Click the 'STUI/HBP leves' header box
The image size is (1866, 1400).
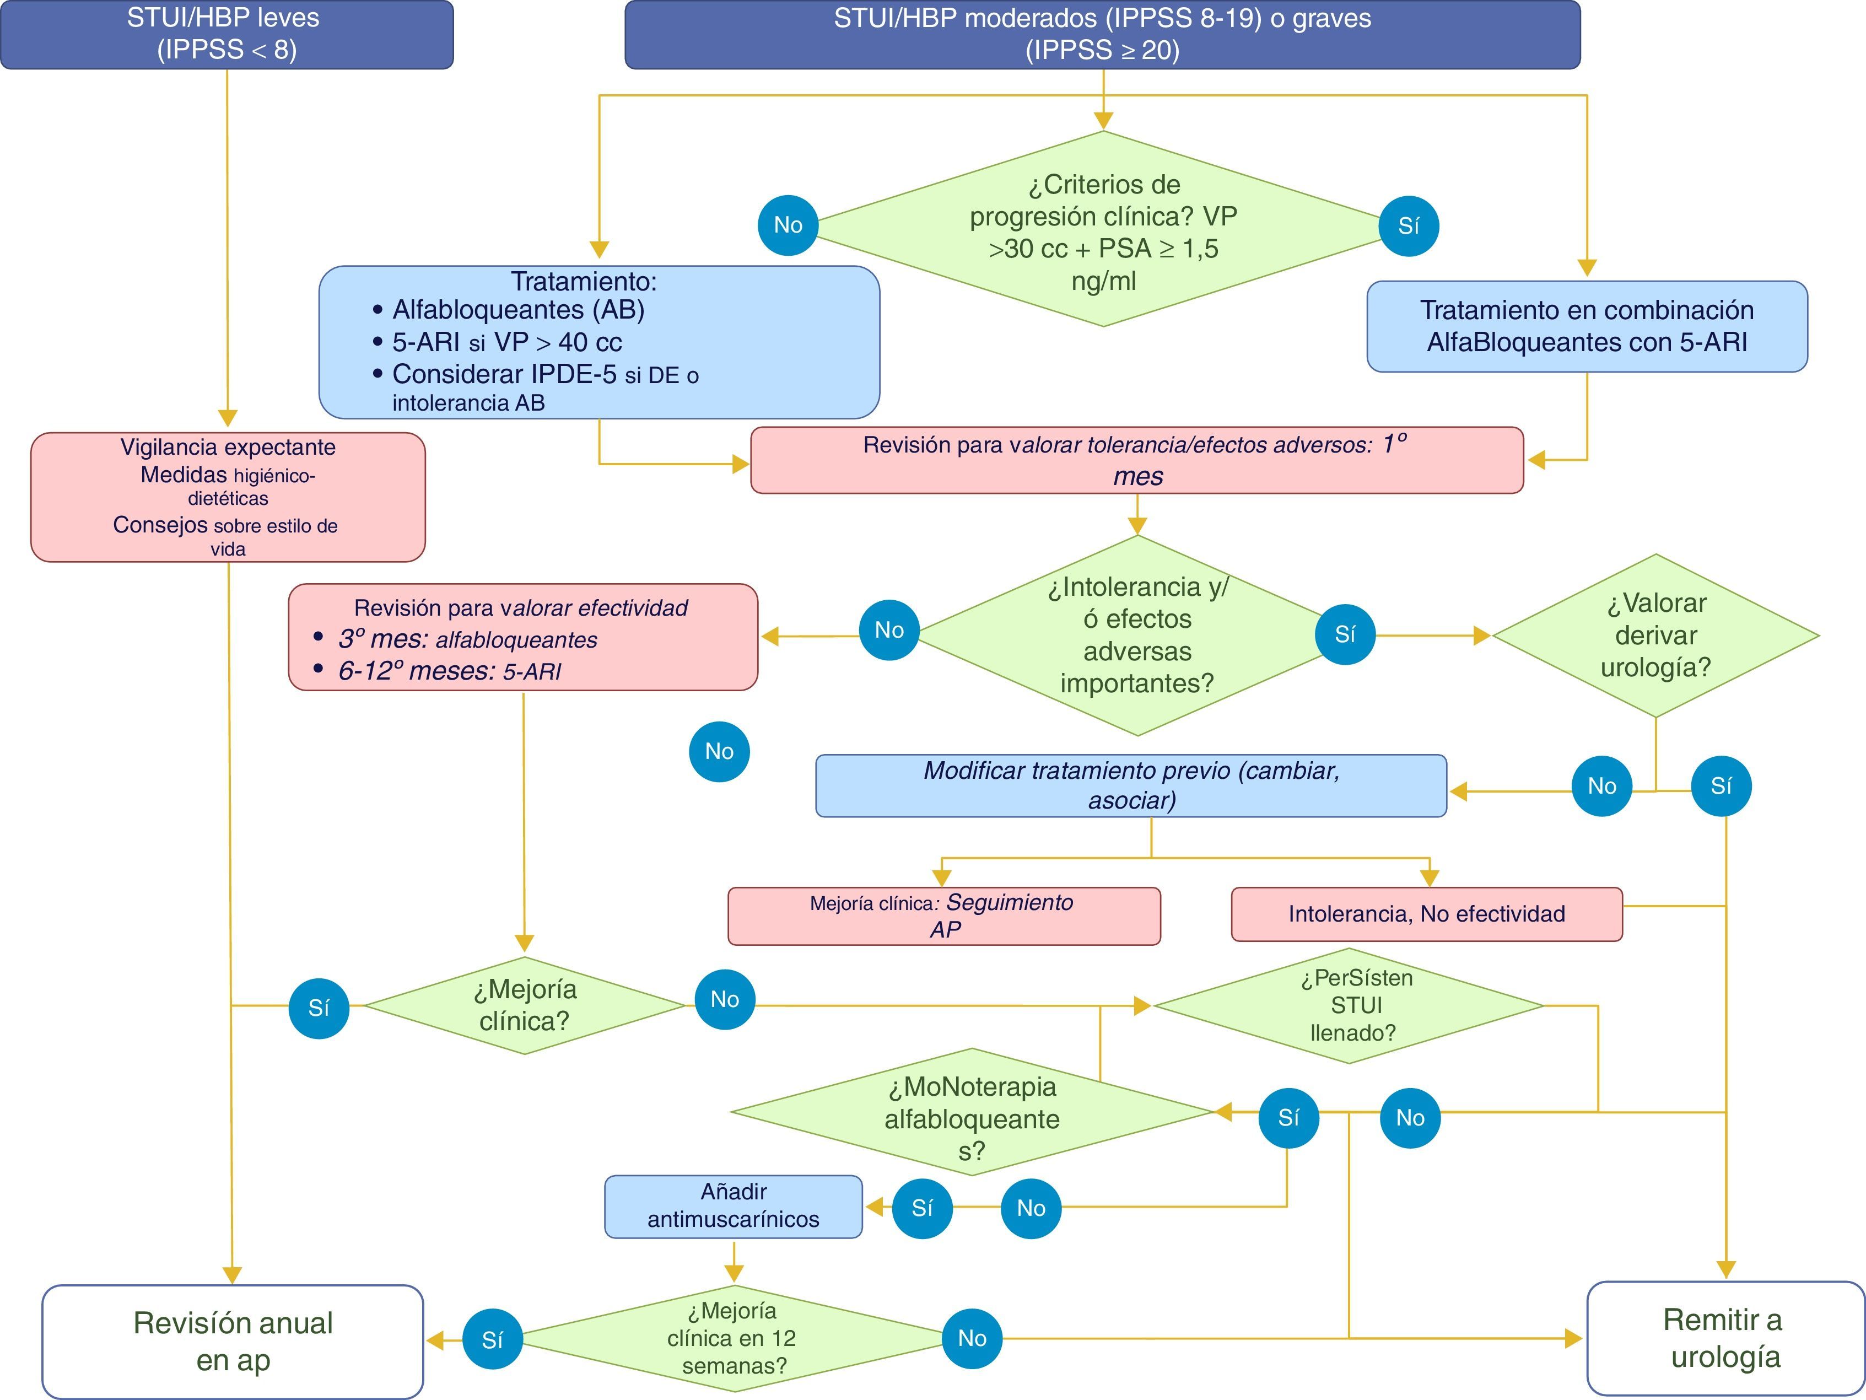[226, 35]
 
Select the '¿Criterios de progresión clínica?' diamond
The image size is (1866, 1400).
[1103, 229]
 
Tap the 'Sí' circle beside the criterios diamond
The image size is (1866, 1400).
[1408, 226]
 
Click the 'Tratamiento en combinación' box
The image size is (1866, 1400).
[1586, 327]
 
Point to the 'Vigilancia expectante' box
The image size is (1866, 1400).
[228, 497]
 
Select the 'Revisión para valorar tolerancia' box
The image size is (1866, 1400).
[1136, 460]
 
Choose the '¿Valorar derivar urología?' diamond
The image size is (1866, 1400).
[1655, 636]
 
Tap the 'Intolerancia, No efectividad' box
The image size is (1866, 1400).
[1426, 914]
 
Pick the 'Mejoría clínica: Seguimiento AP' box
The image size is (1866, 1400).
[943, 916]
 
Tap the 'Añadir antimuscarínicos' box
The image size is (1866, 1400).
[733, 1206]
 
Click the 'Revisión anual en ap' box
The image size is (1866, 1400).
[233, 1341]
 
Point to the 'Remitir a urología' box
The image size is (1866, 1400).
[1725, 1338]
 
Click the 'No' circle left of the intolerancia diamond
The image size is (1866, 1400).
[889, 631]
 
